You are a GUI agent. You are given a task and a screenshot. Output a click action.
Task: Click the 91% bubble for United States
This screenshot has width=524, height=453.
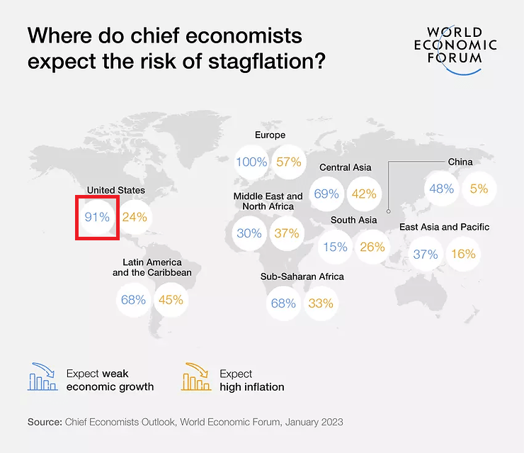[x=97, y=217]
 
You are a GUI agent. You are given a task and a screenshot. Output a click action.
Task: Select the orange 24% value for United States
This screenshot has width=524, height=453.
[x=134, y=217]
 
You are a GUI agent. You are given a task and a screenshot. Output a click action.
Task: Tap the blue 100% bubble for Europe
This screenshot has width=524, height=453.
[x=251, y=162]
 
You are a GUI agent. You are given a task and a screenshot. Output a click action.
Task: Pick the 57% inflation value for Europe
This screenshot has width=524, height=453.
[x=288, y=162]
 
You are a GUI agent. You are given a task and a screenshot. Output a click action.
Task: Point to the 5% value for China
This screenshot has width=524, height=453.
[x=479, y=189]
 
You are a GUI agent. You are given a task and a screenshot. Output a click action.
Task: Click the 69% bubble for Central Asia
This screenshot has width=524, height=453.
[x=326, y=194]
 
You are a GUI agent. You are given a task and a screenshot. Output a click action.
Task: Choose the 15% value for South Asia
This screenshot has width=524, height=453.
[x=336, y=247]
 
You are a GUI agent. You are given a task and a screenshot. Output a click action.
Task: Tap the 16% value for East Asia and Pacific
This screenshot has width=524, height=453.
[x=463, y=254]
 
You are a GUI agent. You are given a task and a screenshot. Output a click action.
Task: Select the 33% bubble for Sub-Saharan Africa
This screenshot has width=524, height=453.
[x=320, y=303]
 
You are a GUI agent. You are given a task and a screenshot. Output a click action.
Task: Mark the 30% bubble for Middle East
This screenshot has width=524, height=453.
[x=249, y=233]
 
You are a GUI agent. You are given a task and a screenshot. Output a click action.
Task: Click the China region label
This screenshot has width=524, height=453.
[x=460, y=162]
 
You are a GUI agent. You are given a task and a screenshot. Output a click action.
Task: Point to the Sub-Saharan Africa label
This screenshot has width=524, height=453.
[x=302, y=276]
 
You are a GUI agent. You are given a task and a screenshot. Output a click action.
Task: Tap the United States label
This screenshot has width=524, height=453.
[x=115, y=190]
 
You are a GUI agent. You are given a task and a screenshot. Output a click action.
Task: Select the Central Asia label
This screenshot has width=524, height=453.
[x=346, y=167]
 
